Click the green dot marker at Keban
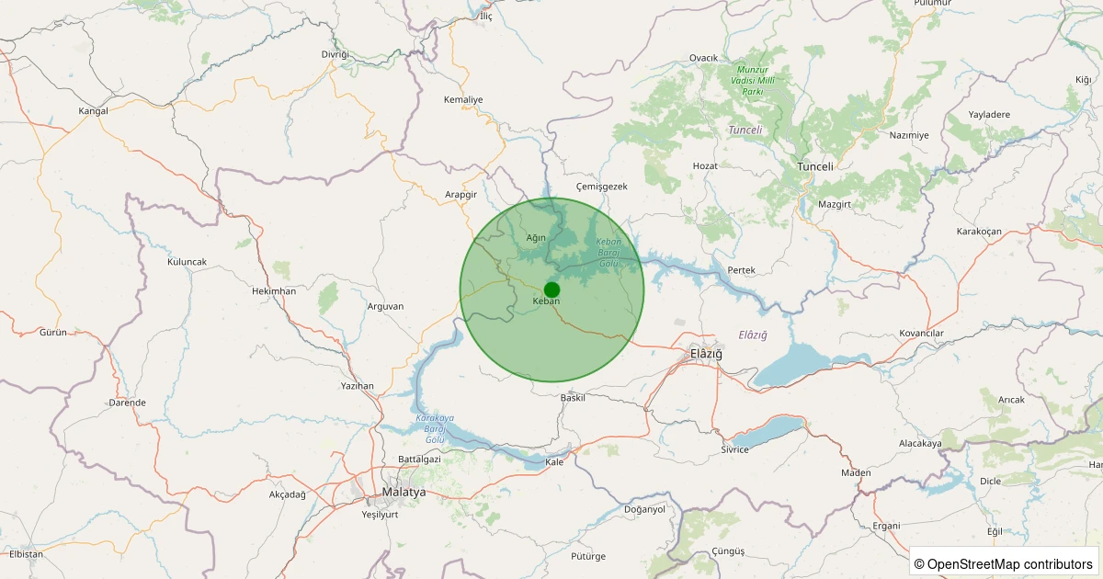pos(551,289)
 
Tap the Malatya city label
pos(404,493)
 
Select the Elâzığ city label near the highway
pos(706,354)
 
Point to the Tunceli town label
pos(814,166)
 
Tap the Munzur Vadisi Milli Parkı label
pos(754,81)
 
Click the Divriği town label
pos(335,54)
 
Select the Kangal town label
pos(94,110)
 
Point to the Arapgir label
pos(461,195)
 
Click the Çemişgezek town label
pos(601,186)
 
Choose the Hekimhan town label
pos(274,290)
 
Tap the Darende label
pos(127,403)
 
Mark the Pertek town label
pos(741,270)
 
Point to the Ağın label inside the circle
pos(536,237)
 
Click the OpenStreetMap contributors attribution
pos(1004,563)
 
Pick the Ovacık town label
pos(703,58)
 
